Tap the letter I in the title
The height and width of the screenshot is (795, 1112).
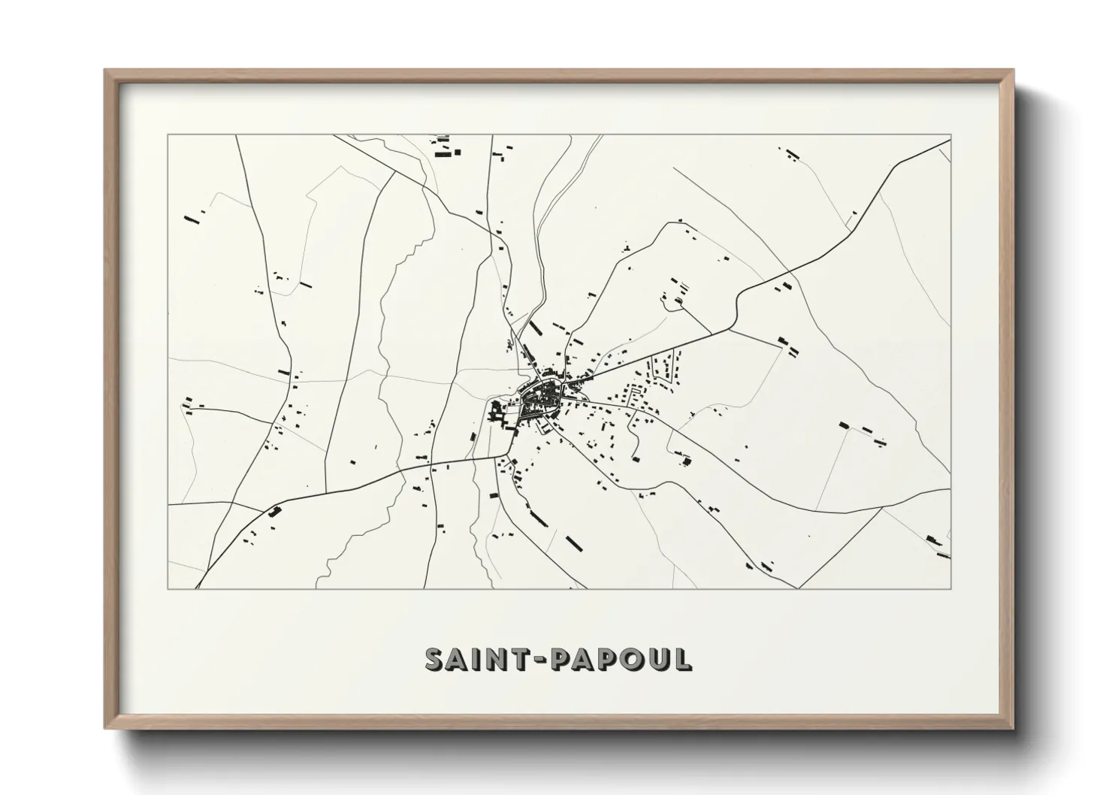pos(485,659)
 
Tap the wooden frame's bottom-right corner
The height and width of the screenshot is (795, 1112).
pos(1013,728)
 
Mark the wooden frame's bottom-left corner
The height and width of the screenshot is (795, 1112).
pos(105,728)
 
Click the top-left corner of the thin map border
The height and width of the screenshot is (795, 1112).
pos(168,135)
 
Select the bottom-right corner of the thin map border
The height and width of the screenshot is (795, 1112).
pos(950,588)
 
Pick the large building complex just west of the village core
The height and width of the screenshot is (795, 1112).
pos(497,412)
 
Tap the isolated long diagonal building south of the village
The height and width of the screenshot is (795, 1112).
pos(575,542)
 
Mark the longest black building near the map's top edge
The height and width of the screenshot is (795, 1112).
pos(446,153)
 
